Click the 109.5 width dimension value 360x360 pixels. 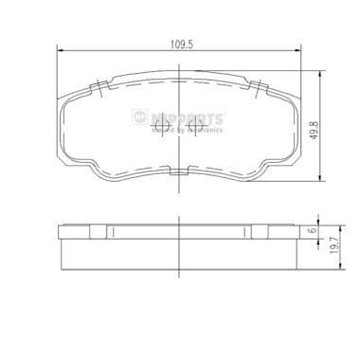(180, 41)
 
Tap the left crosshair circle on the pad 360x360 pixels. (161, 123)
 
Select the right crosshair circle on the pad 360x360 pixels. (198, 123)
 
